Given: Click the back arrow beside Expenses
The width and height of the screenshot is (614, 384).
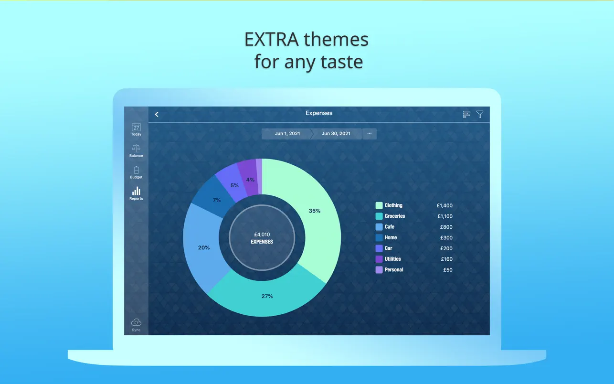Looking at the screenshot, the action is pyautogui.click(x=157, y=114).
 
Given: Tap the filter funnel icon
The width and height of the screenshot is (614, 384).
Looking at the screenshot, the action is pyautogui.click(x=480, y=114).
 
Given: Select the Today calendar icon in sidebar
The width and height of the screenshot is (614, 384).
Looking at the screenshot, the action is pyautogui.click(x=136, y=128).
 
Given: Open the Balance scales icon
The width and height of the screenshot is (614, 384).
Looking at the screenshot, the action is pyautogui.click(x=136, y=149).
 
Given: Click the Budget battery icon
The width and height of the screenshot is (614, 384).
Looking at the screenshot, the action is pyautogui.click(x=136, y=170).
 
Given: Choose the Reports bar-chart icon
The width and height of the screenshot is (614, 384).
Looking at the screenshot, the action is pyautogui.click(x=136, y=191).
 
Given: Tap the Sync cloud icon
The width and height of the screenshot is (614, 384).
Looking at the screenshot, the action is pyautogui.click(x=136, y=322).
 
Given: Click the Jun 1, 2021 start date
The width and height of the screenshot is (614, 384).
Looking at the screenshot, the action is pyautogui.click(x=287, y=134).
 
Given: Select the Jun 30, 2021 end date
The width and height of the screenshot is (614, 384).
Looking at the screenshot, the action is pyautogui.click(x=336, y=134).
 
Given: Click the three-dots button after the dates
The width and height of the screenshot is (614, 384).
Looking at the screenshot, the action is pyautogui.click(x=370, y=134).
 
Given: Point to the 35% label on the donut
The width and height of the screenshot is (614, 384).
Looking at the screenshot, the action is pyautogui.click(x=315, y=211).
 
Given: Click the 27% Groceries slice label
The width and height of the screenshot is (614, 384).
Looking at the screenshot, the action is pyautogui.click(x=267, y=296).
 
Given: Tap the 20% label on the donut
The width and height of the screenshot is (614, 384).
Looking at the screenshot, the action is pyautogui.click(x=204, y=248).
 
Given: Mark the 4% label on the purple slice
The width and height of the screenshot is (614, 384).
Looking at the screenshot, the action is pyautogui.click(x=250, y=180).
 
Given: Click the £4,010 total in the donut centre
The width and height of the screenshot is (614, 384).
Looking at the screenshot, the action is pyautogui.click(x=262, y=235).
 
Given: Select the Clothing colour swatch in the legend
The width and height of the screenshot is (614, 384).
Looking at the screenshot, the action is pyautogui.click(x=379, y=205).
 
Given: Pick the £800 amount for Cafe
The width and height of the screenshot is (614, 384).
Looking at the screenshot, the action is pyautogui.click(x=446, y=227).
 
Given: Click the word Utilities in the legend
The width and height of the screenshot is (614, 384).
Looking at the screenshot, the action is pyautogui.click(x=392, y=259).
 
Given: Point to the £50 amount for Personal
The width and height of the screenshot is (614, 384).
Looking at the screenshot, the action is pyautogui.click(x=448, y=270).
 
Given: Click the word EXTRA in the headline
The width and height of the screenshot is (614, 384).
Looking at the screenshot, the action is pyautogui.click(x=271, y=40).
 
